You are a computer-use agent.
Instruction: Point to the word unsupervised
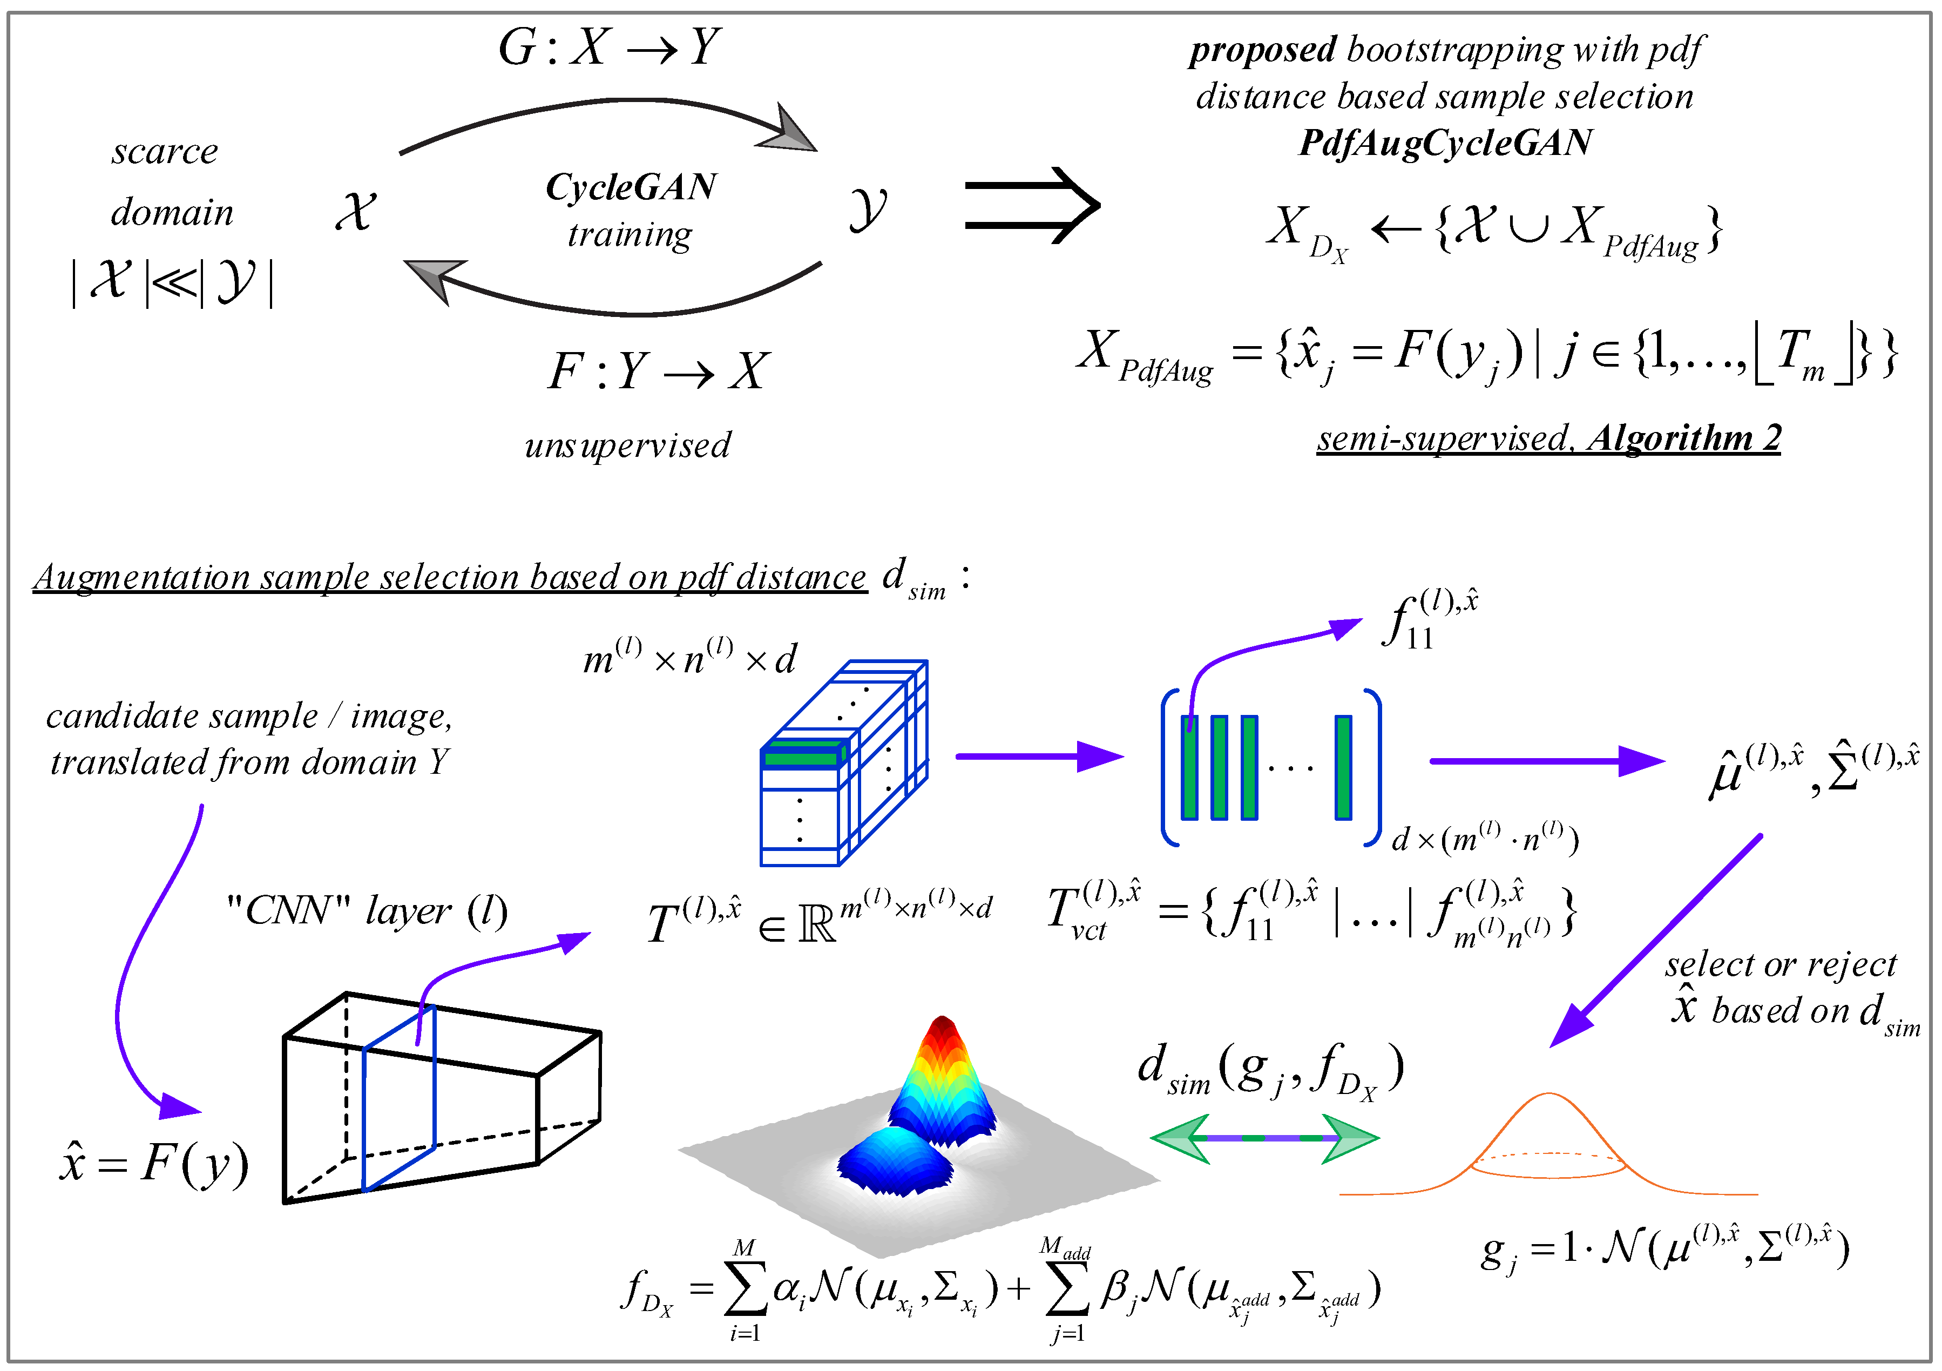(x=627, y=445)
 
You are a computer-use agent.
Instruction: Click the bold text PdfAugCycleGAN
(x=1445, y=142)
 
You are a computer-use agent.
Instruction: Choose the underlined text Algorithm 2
(x=1684, y=438)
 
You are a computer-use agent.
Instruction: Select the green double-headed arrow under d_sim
(x=1264, y=1138)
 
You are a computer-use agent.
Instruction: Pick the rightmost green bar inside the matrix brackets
(x=1343, y=768)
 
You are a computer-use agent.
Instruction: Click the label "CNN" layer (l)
(x=367, y=911)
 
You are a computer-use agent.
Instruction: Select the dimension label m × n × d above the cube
(x=689, y=659)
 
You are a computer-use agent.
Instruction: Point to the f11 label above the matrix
(x=1430, y=619)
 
